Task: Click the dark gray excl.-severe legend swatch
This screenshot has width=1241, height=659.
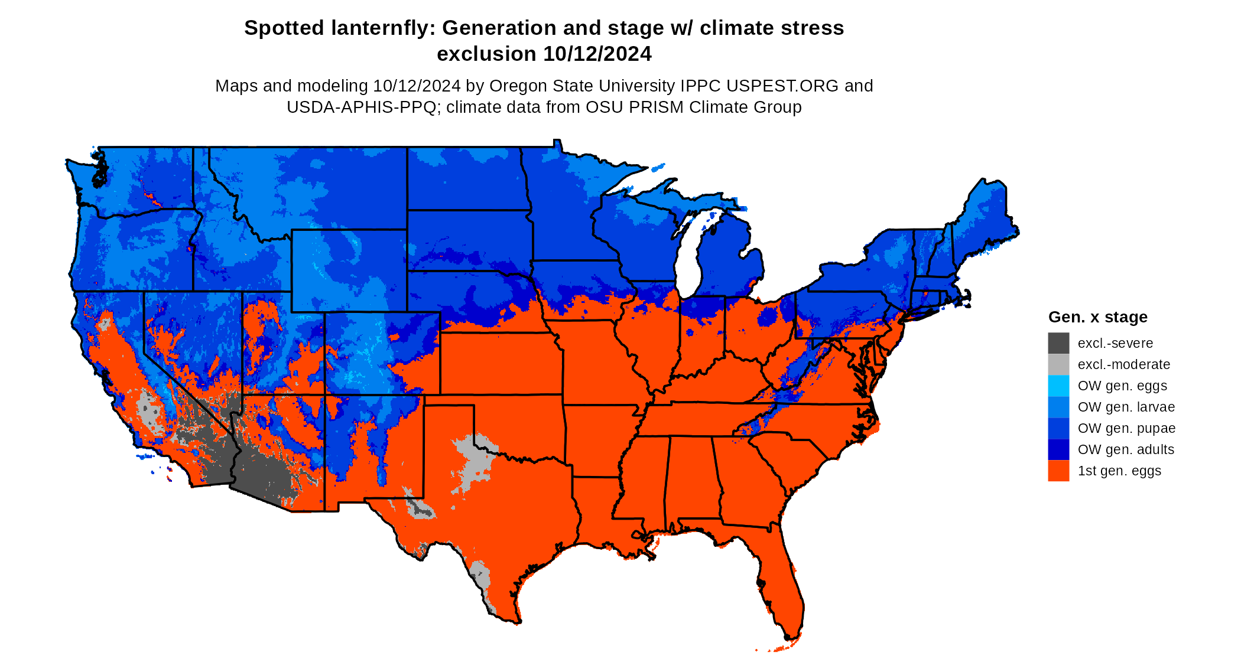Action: tap(1058, 343)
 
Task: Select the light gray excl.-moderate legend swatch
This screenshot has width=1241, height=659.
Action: tap(1058, 364)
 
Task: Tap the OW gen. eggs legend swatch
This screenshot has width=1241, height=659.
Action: tap(1058, 386)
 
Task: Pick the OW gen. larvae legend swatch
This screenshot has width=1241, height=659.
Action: tap(1058, 407)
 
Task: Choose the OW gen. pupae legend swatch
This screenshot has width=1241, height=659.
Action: tap(1058, 428)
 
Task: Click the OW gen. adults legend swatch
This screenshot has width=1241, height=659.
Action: tap(1058, 449)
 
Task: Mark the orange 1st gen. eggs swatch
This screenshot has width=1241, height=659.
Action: tap(1058, 471)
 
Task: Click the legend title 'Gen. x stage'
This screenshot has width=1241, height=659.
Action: tap(1097, 317)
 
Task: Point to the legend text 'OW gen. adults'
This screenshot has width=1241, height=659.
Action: tap(1126, 449)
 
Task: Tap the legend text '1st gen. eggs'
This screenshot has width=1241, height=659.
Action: tap(1119, 471)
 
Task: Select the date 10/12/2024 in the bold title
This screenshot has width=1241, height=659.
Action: tap(597, 54)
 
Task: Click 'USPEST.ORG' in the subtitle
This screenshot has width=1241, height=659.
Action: tap(782, 86)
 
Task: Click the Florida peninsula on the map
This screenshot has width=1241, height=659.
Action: tap(783, 591)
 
